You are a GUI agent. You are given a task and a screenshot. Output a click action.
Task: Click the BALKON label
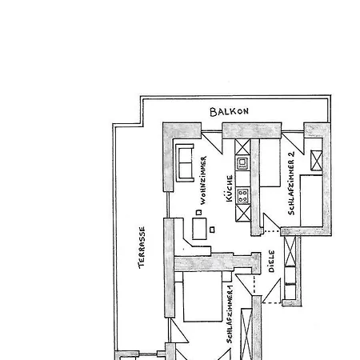tap(229, 111)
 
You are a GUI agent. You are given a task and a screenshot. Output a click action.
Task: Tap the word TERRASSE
tap(142, 247)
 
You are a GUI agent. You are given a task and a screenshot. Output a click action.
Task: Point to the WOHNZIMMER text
tap(203, 181)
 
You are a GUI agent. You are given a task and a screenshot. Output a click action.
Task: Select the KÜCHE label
tap(229, 188)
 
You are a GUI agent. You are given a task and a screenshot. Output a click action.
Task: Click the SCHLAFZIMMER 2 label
tap(291, 183)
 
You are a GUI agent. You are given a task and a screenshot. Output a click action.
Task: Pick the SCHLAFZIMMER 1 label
tap(230, 314)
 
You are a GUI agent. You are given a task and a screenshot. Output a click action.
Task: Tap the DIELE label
tap(271, 261)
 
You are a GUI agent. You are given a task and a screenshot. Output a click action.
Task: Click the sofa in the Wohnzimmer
tap(185, 162)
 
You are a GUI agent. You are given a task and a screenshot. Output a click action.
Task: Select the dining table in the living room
tap(199, 229)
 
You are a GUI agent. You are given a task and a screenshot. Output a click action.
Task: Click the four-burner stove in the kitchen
tap(243, 195)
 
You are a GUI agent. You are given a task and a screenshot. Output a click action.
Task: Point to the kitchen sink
tap(242, 163)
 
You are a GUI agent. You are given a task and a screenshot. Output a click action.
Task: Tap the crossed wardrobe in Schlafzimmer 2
tap(317, 160)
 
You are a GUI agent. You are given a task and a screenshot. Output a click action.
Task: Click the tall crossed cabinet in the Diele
tap(290, 251)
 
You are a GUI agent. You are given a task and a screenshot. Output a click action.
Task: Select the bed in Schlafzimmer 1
tap(202, 297)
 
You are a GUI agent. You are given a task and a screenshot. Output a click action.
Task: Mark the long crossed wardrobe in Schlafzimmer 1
tap(246, 334)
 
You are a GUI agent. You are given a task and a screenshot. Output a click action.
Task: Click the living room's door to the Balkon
tap(212, 142)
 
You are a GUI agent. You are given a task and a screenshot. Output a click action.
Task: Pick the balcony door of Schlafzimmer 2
tap(293, 142)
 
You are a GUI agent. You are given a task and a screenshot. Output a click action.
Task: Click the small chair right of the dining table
tap(212, 230)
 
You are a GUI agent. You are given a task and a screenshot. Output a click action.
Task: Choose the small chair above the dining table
tap(198, 213)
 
